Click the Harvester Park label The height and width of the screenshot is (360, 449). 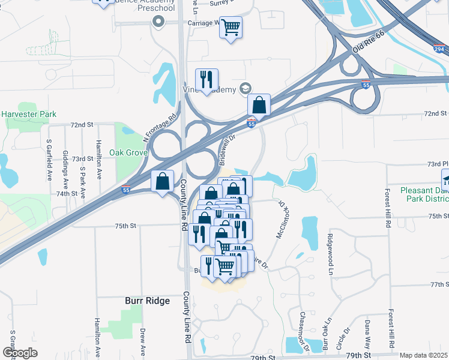tap(28, 114)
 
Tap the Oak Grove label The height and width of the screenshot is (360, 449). tap(128, 152)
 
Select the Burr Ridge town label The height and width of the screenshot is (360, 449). tap(147, 301)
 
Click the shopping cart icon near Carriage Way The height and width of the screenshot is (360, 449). tap(231, 27)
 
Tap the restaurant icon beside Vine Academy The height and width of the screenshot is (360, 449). tap(206, 80)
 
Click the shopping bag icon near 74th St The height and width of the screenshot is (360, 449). tap(163, 181)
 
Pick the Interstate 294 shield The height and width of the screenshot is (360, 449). tap(440, 49)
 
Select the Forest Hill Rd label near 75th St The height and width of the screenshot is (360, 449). tap(388, 208)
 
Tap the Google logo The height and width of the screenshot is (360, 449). tap(20, 353)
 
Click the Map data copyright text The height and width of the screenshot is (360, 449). tap(424, 355)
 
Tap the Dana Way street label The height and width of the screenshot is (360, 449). tap(367, 334)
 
